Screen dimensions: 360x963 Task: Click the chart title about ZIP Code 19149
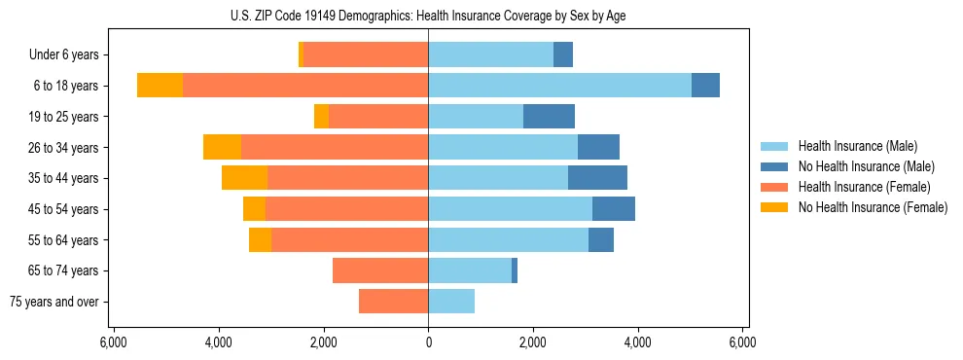point(428,17)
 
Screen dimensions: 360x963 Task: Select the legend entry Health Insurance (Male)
point(857,146)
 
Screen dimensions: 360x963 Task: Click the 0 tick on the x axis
point(428,342)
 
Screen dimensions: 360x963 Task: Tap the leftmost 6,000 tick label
point(113,342)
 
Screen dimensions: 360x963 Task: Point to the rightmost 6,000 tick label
point(742,342)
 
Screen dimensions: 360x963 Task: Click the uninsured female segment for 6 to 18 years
point(160,86)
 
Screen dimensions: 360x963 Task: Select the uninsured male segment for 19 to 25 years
point(549,117)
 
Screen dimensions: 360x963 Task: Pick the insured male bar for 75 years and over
point(451,302)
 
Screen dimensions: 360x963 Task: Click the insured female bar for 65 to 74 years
point(380,270)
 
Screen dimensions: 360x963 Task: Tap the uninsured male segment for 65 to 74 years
point(515,270)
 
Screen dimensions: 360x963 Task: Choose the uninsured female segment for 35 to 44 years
point(244,178)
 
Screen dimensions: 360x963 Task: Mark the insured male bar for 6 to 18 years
point(559,86)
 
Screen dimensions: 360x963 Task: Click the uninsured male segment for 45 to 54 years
point(614,209)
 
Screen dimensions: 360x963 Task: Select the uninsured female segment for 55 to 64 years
point(260,239)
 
